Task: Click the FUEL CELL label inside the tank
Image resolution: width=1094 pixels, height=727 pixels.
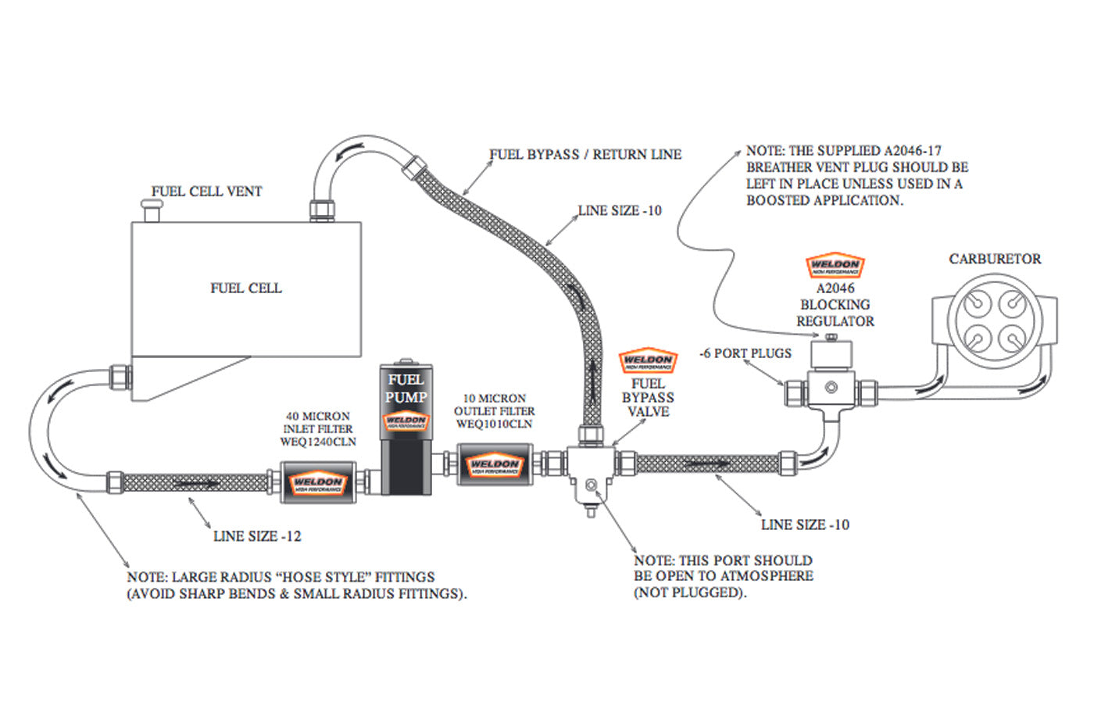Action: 245,288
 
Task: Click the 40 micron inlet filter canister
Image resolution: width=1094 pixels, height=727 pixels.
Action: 318,478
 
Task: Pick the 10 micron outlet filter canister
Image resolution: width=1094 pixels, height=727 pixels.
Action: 494,465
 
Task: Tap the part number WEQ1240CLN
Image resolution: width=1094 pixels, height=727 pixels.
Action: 318,442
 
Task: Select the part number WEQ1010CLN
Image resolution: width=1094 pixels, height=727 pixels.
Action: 494,424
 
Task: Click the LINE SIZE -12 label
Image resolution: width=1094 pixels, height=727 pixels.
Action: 257,536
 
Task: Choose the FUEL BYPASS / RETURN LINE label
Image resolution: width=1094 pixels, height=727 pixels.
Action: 585,155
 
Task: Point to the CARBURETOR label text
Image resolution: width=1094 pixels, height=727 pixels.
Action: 995,259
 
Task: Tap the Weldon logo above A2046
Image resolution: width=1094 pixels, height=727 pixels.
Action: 835,266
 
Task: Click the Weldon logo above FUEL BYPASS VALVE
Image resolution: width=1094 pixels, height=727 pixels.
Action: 648,360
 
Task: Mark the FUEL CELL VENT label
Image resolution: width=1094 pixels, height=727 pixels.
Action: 206,192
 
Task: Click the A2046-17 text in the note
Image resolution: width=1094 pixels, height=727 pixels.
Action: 913,150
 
